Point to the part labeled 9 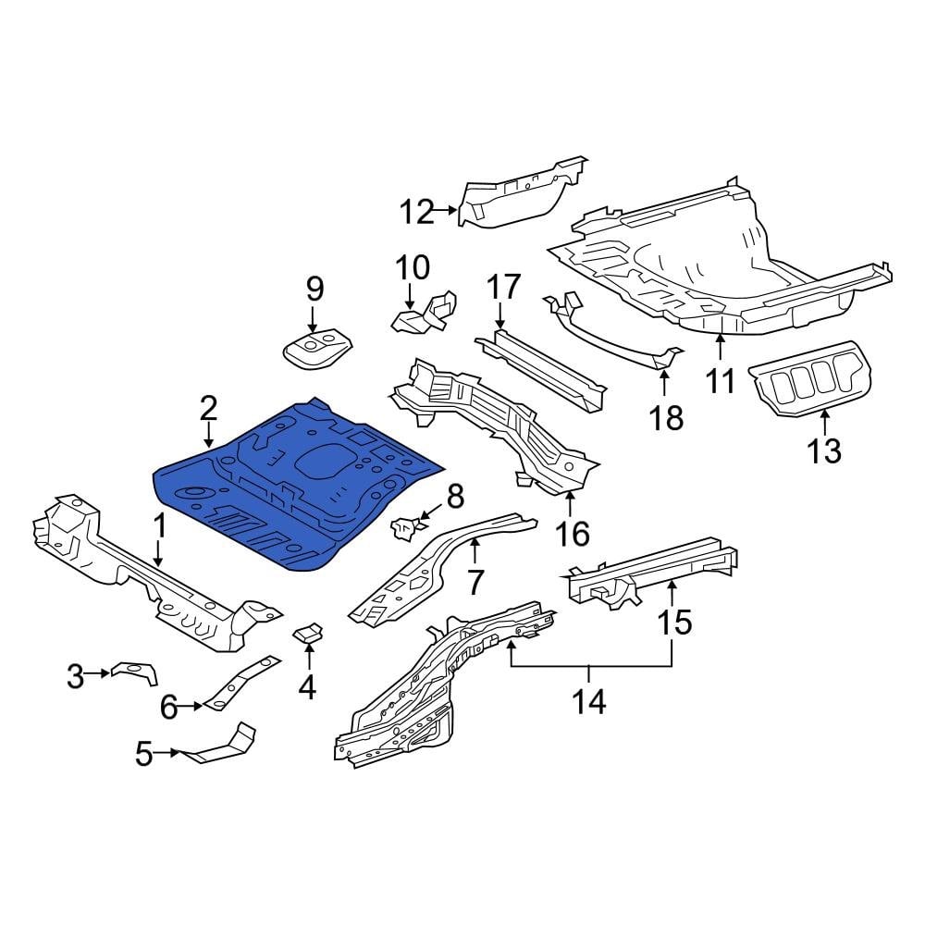coord(316,351)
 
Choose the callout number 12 coord(417,212)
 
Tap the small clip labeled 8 coord(405,528)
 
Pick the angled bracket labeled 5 coord(222,745)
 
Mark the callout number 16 coord(573,534)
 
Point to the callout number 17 coord(505,287)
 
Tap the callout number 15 coord(675,622)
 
